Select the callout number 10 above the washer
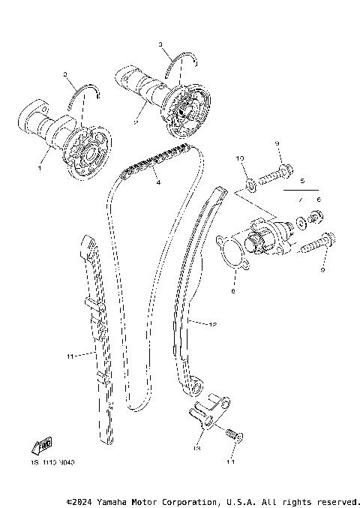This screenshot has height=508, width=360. pyautogui.click(x=241, y=159)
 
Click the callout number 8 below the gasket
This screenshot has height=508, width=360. pyautogui.click(x=234, y=290)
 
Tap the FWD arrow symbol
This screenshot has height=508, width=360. pyautogui.click(x=43, y=446)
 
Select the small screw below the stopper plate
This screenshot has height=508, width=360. pyautogui.click(x=232, y=435)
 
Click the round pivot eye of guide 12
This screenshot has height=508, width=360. pyautogui.click(x=193, y=385)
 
